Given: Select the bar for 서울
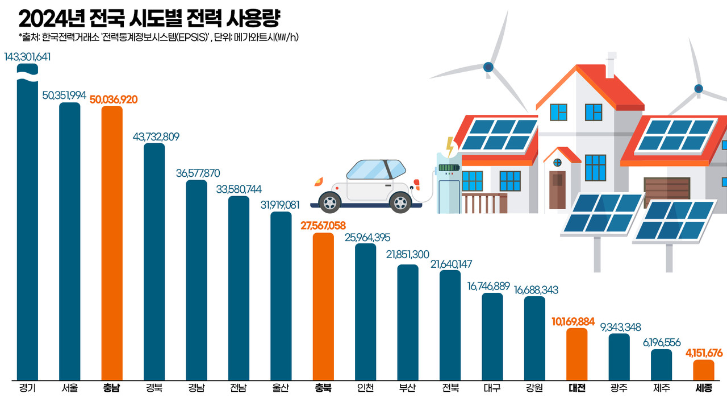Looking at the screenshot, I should (x=70, y=241).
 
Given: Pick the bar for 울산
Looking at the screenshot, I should (x=281, y=296).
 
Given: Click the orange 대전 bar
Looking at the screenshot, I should (x=577, y=354).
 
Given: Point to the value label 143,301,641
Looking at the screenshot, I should (x=27, y=57).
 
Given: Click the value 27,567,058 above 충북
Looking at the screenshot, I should (x=323, y=226).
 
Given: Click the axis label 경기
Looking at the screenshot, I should (x=27, y=389).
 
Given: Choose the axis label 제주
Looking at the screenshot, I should (x=661, y=389).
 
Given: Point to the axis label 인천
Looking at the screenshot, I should (x=365, y=389).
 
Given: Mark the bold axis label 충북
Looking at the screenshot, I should (x=323, y=389).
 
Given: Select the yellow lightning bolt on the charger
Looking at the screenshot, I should (x=450, y=147).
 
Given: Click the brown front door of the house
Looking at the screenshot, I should (x=558, y=189).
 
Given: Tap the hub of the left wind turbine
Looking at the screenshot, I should (x=488, y=67).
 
